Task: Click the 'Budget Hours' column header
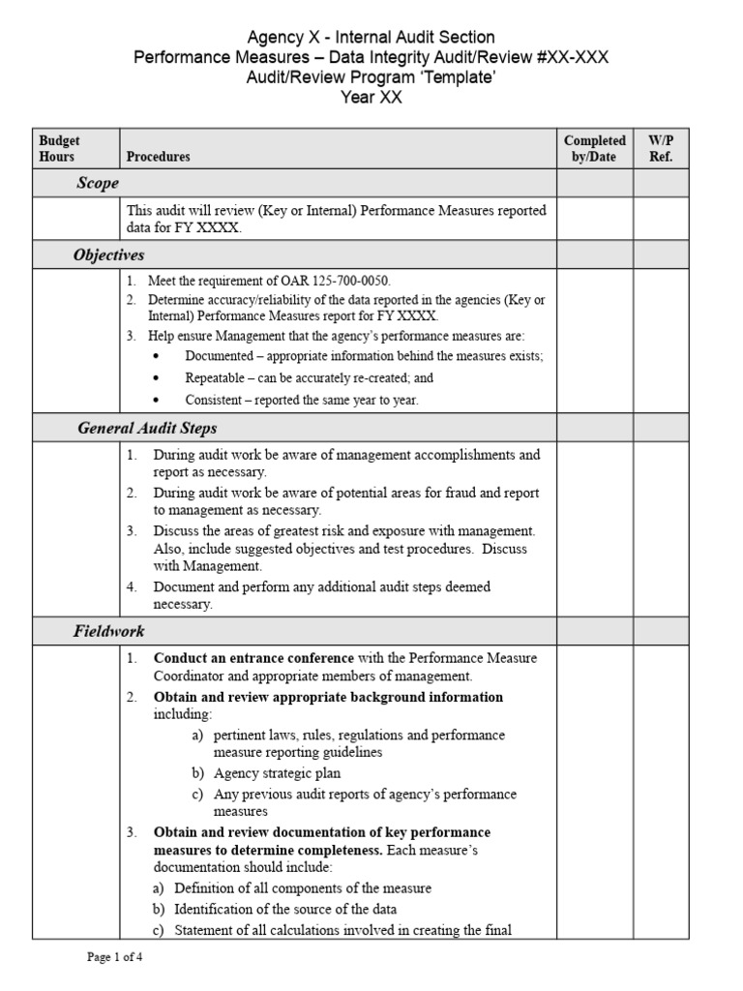59,148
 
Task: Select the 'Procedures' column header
158,156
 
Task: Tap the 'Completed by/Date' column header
594,148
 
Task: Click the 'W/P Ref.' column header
660,148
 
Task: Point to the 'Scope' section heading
98,183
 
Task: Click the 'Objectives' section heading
108,255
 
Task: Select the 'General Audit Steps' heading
147,428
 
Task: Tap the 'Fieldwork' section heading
109,631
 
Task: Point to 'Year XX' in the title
371,97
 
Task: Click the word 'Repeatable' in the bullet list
217,378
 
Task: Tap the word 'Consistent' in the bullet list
216,400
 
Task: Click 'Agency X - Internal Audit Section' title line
371,38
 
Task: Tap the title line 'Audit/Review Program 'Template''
371,77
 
